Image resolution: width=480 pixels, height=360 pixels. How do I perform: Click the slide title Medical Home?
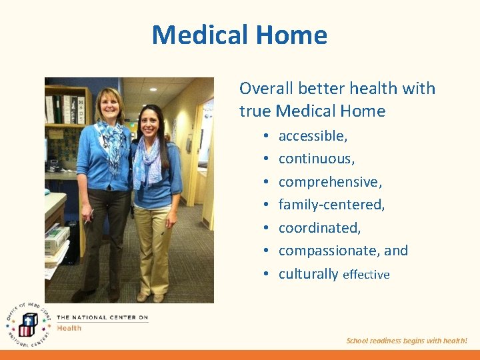[239, 35]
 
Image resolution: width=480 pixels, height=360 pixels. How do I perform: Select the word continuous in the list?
[315, 159]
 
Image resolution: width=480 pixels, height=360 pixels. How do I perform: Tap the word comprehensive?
[329, 182]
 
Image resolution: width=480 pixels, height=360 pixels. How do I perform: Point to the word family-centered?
[331, 205]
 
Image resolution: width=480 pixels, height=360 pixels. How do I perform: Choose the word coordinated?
[319, 228]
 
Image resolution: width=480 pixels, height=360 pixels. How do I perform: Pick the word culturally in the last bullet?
[308, 274]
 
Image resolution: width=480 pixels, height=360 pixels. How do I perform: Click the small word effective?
[366, 275]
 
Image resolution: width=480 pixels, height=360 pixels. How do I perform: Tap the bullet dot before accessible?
[265, 136]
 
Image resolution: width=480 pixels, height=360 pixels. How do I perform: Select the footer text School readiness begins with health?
[407, 341]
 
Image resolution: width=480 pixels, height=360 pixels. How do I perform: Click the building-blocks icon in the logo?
[27, 325]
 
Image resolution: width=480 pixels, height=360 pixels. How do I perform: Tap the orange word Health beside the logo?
[69, 327]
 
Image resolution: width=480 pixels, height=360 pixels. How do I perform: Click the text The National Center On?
[102, 318]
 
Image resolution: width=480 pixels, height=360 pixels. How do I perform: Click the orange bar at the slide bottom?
[240, 355]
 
